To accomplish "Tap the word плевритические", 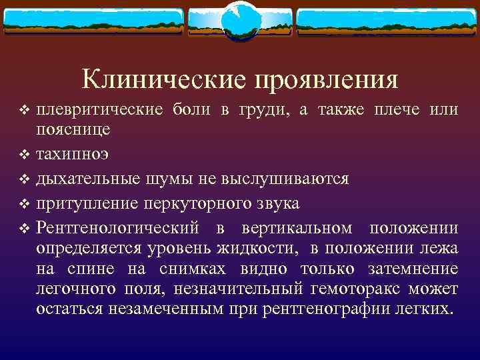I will [x=96, y=109].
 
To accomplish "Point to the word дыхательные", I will [x=83, y=178].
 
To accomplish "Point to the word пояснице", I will [x=73, y=129].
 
